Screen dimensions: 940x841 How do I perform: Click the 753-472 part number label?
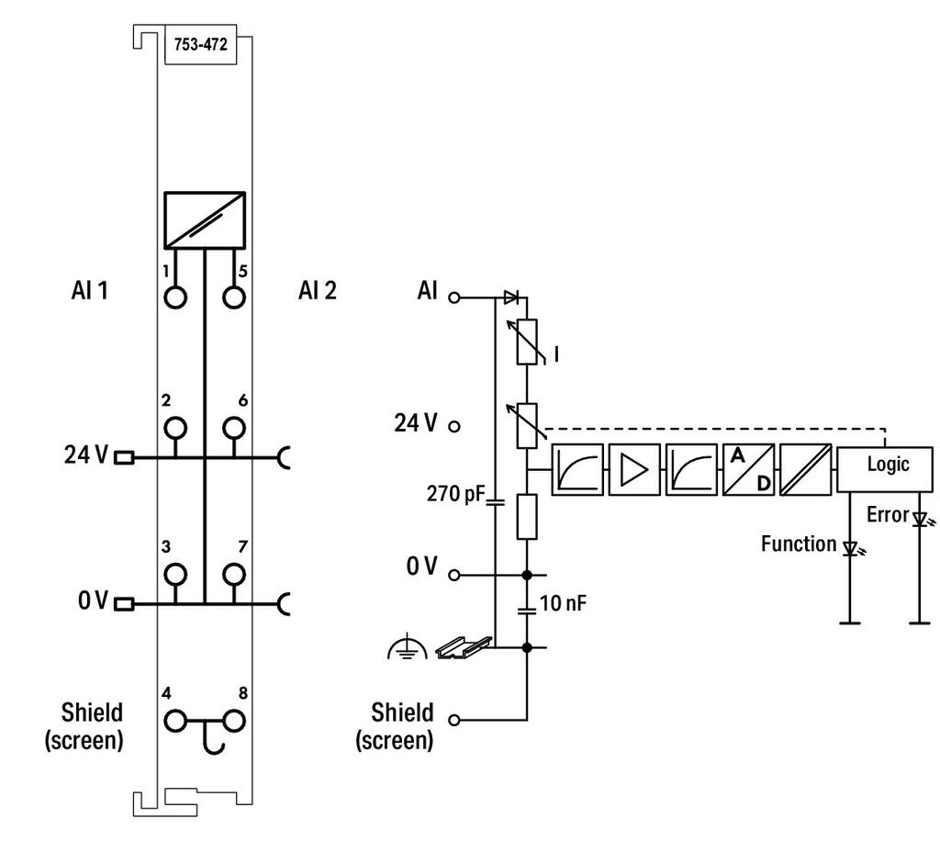[x=201, y=44]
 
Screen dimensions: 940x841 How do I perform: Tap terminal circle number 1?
[x=175, y=297]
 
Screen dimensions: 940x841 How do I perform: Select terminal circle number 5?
[x=234, y=297]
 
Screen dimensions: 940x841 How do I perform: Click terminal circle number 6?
[x=234, y=428]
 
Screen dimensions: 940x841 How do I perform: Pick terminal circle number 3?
[x=175, y=574]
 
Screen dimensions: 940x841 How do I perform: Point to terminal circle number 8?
[x=234, y=721]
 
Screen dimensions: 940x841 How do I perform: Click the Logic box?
[x=885, y=469]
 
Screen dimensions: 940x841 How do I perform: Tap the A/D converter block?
[x=749, y=469]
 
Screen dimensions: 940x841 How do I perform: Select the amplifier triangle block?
[x=634, y=469]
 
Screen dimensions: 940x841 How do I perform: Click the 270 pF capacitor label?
[x=455, y=494]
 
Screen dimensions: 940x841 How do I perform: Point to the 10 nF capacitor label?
[x=563, y=603]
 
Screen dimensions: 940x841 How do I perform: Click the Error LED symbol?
[x=922, y=519]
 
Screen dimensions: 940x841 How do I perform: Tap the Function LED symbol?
[x=851, y=548]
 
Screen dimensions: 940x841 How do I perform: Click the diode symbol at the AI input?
[x=511, y=297]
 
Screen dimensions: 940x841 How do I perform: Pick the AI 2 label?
[x=318, y=291]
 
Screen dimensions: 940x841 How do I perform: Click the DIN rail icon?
[x=464, y=646]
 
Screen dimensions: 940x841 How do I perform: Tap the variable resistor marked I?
[x=527, y=342]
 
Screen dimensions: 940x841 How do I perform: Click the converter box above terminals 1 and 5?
[x=205, y=220]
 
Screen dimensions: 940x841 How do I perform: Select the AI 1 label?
[x=90, y=291]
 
